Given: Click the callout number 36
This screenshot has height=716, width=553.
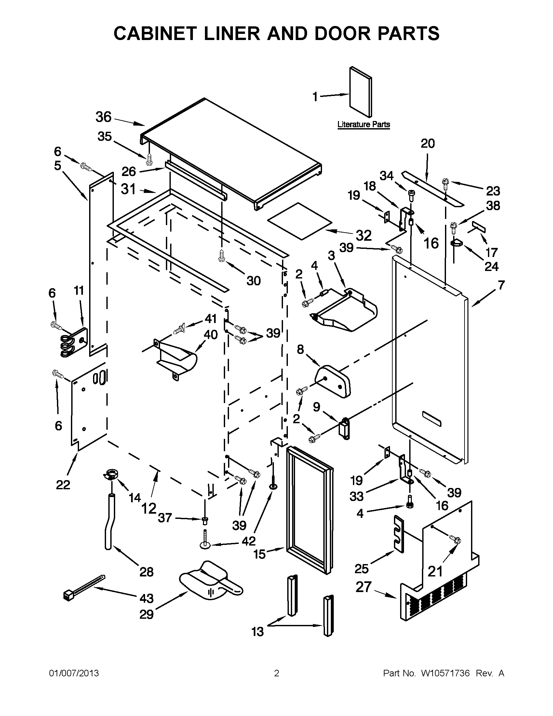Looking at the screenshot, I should [103, 117].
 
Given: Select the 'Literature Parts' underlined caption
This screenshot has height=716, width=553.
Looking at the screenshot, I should [364, 125].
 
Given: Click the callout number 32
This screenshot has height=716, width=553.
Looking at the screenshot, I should [364, 236].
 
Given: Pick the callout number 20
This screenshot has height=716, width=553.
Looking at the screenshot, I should [427, 143].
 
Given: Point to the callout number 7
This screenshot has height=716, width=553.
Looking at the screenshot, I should [501, 285].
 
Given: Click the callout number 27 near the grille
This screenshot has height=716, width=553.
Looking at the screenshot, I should [364, 587].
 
